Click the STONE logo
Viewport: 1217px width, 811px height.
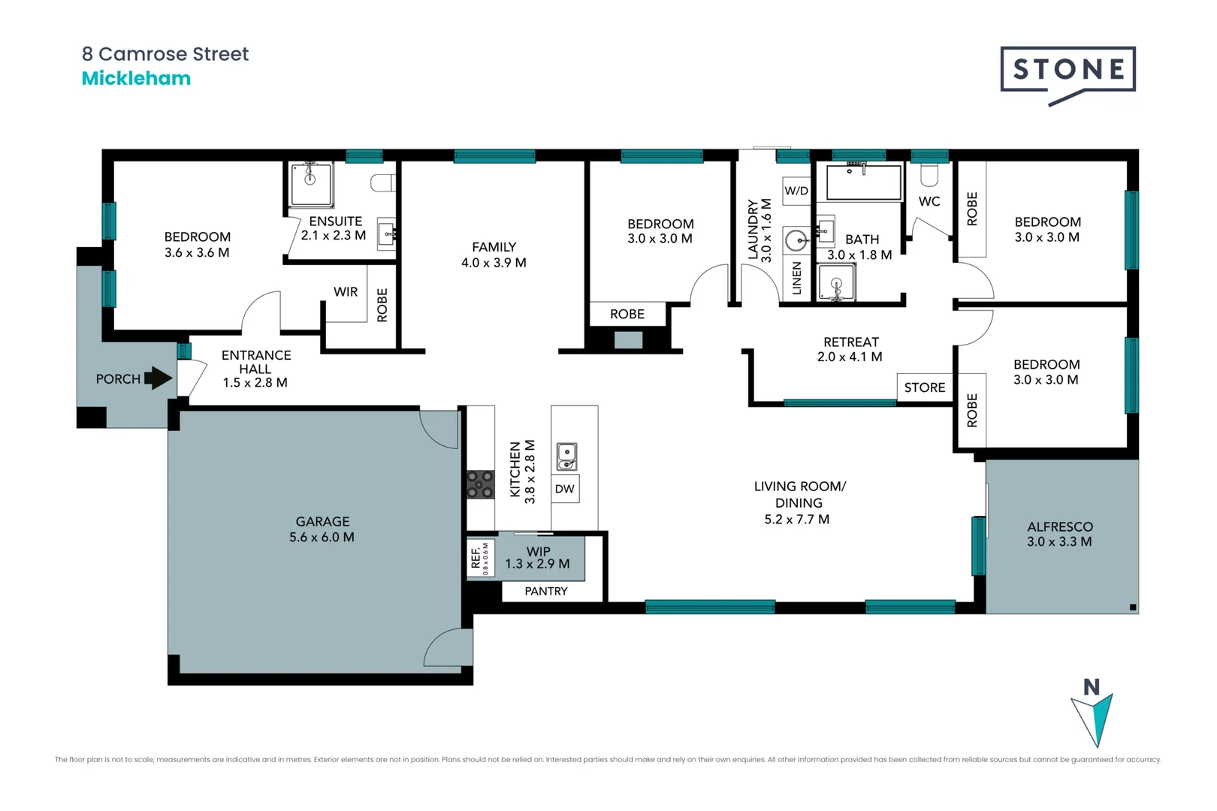pyautogui.click(x=1068, y=71)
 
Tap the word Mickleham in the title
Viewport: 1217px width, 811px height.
pyautogui.click(x=136, y=79)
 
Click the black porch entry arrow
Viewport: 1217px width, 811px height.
pyautogui.click(x=158, y=378)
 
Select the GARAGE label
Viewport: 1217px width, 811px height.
pyautogui.click(x=322, y=521)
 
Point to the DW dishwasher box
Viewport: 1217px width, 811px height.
pyautogui.click(x=565, y=489)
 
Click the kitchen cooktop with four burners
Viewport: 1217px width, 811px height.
pyautogui.click(x=481, y=484)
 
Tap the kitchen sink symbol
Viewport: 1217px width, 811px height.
pyautogui.click(x=566, y=456)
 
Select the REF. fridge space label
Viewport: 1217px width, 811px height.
pyautogui.click(x=476, y=557)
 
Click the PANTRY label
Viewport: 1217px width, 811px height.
pyautogui.click(x=546, y=591)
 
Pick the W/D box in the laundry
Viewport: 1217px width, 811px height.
pyautogui.click(x=796, y=191)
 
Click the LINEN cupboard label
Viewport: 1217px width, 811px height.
pyautogui.click(x=797, y=278)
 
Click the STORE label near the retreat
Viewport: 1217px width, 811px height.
pyautogui.click(x=925, y=387)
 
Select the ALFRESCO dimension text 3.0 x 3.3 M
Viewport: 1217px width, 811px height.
pyautogui.click(x=1059, y=541)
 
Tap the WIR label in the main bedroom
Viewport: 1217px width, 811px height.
pyautogui.click(x=346, y=291)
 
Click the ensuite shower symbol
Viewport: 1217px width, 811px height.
pyautogui.click(x=311, y=184)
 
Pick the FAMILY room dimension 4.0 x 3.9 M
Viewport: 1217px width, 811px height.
pyautogui.click(x=494, y=263)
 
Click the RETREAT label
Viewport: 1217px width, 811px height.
pyautogui.click(x=850, y=342)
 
